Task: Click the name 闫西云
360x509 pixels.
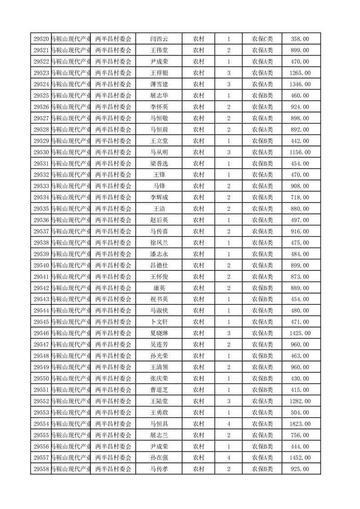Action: click(x=159, y=39)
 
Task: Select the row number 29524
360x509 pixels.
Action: click(x=41, y=84)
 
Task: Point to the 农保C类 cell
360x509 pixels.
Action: click(x=262, y=39)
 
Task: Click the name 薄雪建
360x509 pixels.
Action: click(x=159, y=84)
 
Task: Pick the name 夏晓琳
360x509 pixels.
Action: click(x=159, y=333)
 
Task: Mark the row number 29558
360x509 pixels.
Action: click(x=41, y=469)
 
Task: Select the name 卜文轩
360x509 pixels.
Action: click(x=159, y=322)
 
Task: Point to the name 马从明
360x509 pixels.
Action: click(x=159, y=152)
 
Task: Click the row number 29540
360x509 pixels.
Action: click(x=41, y=265)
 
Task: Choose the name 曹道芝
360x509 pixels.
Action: click(x=159, y=390)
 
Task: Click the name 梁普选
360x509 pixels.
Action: click(x=159, y=163)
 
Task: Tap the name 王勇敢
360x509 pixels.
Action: click(x=159, y=412)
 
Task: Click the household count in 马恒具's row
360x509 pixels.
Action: click(x=228, y=424)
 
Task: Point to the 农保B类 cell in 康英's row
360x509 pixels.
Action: click(x=262, y=288)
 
